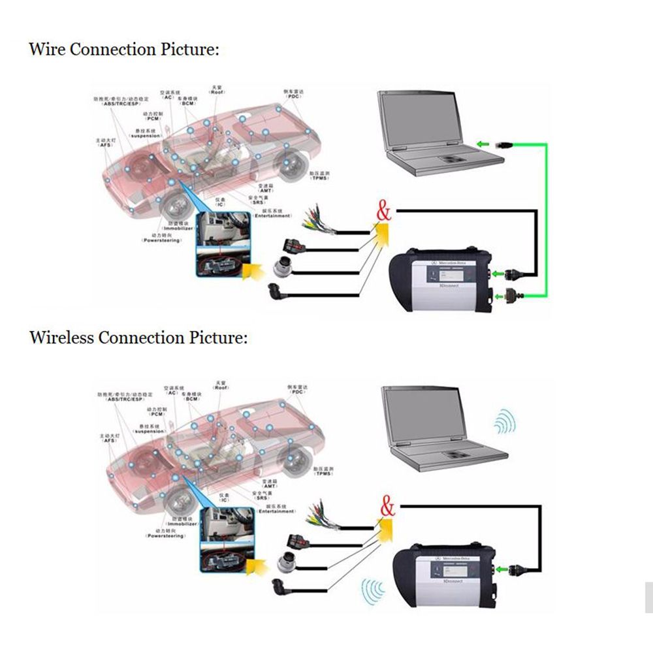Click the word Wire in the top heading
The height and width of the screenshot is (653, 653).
[46, 50]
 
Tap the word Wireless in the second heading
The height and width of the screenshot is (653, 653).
[62, 338]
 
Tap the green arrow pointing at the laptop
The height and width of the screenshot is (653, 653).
[483, 144]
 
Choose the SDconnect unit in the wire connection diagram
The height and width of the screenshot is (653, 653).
[444, 277]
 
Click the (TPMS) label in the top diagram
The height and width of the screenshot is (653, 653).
[319, 178]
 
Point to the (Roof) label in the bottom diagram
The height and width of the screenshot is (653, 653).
[221, 388]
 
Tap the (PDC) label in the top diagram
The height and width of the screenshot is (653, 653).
[293, 95]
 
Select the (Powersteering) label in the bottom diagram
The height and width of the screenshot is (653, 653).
[163, 536]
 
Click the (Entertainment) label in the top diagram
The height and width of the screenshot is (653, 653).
[272, 216]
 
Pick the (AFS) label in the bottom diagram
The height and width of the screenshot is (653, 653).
[108, 441]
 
